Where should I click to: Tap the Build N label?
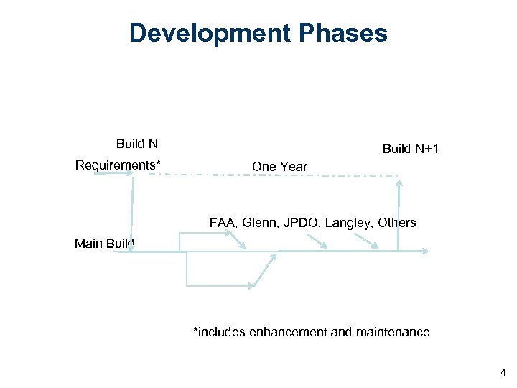[x=137, y=143]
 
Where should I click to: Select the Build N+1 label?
[x=411, y=149]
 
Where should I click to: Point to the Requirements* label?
[x=118, y=165]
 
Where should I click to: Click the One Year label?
[x=279, y=167]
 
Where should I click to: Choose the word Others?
[x=397, y=223]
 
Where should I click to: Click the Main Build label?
[x=104, y=244]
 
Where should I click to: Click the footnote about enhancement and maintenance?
[x=312, y=332]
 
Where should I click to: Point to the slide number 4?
[x=501, y=372]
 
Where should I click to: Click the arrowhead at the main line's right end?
[x=426, y=251]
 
